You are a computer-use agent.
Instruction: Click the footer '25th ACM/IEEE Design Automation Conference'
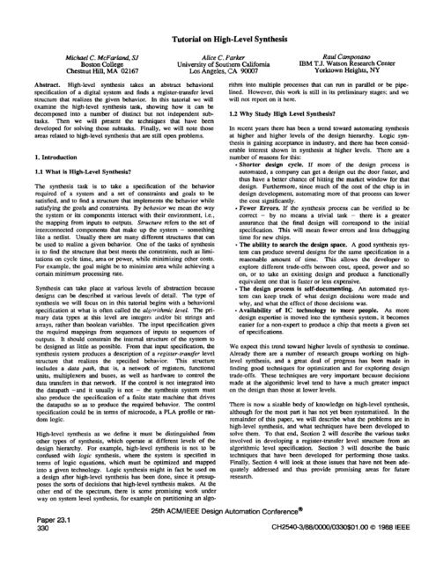coord(218,534)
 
